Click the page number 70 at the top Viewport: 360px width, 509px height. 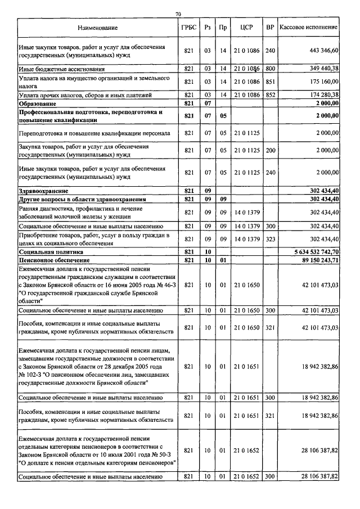click(x=178, y=13)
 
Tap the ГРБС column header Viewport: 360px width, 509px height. click(x=188, y=28)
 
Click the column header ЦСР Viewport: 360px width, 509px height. click(x=246, y=28)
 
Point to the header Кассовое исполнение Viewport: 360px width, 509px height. click(x=309, y=28)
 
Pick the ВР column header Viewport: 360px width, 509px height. click(x=270, y=28)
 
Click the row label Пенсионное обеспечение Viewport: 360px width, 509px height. click(x=54, y=261)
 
